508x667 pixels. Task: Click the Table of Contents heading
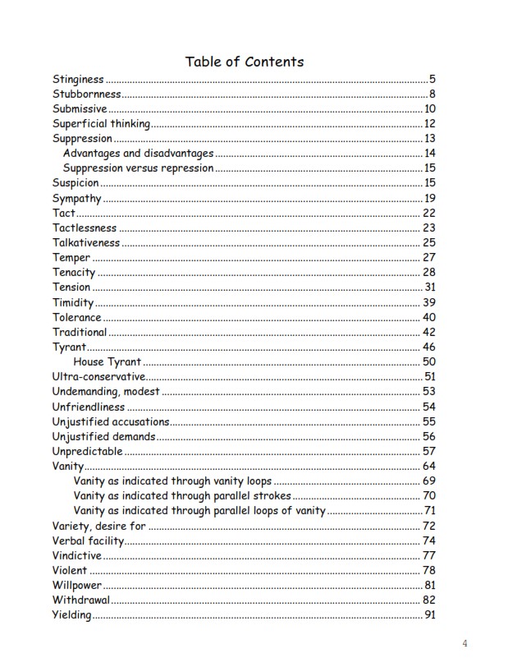(x=245, y=62)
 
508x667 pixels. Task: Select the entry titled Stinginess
(x=78, y=80)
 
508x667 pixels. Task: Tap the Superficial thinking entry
(x=101, y=124)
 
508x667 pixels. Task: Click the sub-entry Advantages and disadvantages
(x=138, y=154)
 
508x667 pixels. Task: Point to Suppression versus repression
(x=138, y=168)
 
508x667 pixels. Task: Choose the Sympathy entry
(x=76, y=198)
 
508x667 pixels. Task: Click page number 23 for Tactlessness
(x=429, y=228)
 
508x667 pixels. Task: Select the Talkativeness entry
(x=86, y=242)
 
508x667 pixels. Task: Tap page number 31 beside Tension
(x=429, y=287)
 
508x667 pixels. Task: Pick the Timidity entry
(x=73, y=302)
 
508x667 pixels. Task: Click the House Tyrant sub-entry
(x=108, y=361)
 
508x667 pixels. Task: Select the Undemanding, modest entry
(x=106, y=391)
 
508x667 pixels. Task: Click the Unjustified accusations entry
(x=111, y=421)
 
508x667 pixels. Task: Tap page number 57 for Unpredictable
(x=429, y=451)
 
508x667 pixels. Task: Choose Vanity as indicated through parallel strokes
(x=181, y=495)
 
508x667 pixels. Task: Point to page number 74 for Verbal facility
(x=429, y=540)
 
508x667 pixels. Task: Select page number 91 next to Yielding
(x=429, y=614)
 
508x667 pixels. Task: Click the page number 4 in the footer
(x=465, y=642)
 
